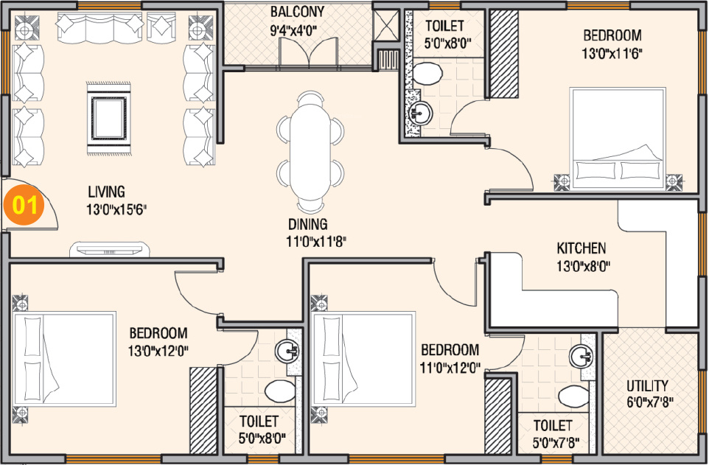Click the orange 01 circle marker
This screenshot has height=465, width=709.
[x=24, y=205]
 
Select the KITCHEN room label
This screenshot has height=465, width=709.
[x=581, y=248]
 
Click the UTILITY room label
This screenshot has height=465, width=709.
[x=647, y=385]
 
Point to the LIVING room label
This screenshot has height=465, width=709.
[x=105, y=192]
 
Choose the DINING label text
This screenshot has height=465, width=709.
[x=308, y=225]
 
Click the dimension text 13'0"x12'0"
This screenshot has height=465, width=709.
[x=158, y=351]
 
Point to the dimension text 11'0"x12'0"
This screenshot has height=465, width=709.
[x=450, y=366]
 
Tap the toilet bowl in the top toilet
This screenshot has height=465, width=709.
[x=426, y=73]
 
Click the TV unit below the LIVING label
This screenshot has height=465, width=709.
[x=111, y=249]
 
